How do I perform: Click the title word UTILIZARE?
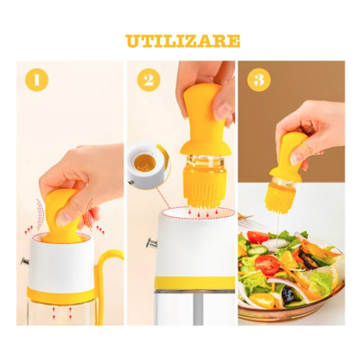pos(182,40)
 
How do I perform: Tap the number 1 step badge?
pos(36,80)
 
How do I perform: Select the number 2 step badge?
pos(148,80)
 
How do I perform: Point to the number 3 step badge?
pos(259,80)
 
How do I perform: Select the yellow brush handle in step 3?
pos(292,153)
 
